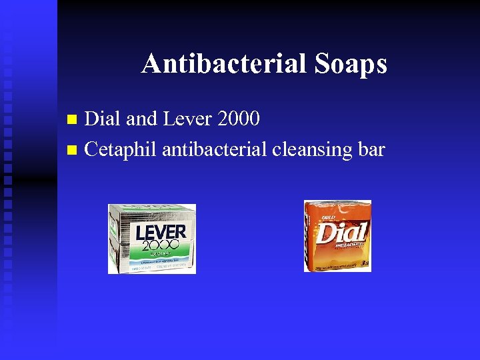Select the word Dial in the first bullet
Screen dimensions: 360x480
click(x=103, y=119)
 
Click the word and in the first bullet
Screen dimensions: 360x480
click(x=140, y=119)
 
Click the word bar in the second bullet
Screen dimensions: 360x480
click(x=371, y=149)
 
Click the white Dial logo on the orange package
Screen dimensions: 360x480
click(x=341, y=233)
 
